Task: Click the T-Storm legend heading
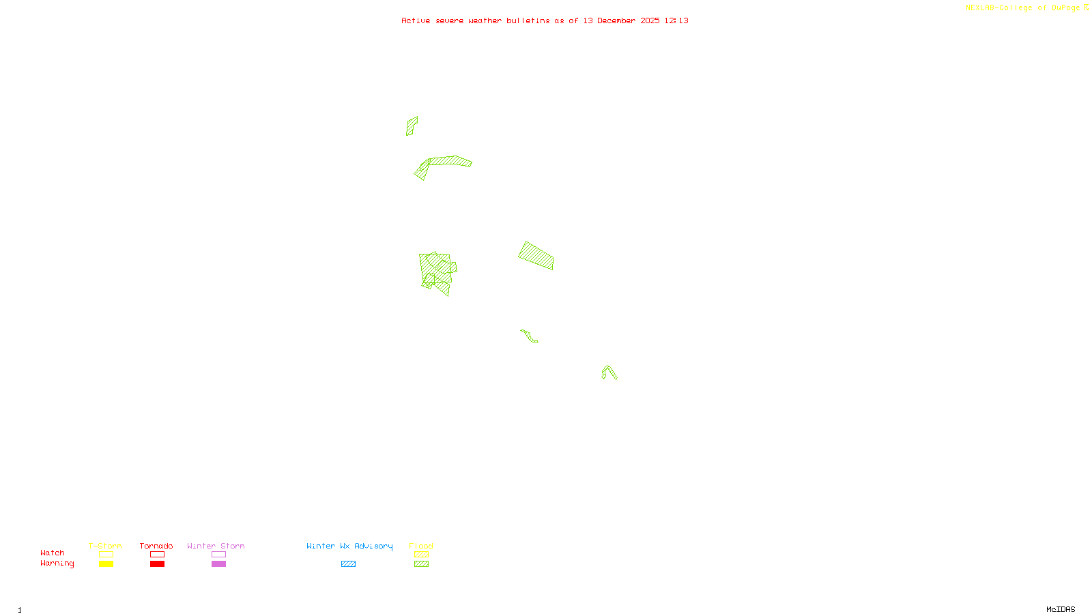[105, 546]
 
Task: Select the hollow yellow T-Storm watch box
[106, 555]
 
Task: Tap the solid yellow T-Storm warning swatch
[106, 564]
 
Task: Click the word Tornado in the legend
[156, 546]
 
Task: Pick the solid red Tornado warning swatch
[157, 564]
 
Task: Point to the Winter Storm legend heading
[216, 546]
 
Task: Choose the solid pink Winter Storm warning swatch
[218, 564]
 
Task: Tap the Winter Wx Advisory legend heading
[349, 546]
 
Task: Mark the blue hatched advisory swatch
[348, 564]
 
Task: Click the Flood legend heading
[421, 546]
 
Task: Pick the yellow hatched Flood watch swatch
[421, 555]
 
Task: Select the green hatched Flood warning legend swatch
[421, 564]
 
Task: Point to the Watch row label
[53, 553]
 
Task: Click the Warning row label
[57, 564]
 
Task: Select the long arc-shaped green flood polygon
[450, 161]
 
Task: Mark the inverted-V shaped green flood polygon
[609, 371]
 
